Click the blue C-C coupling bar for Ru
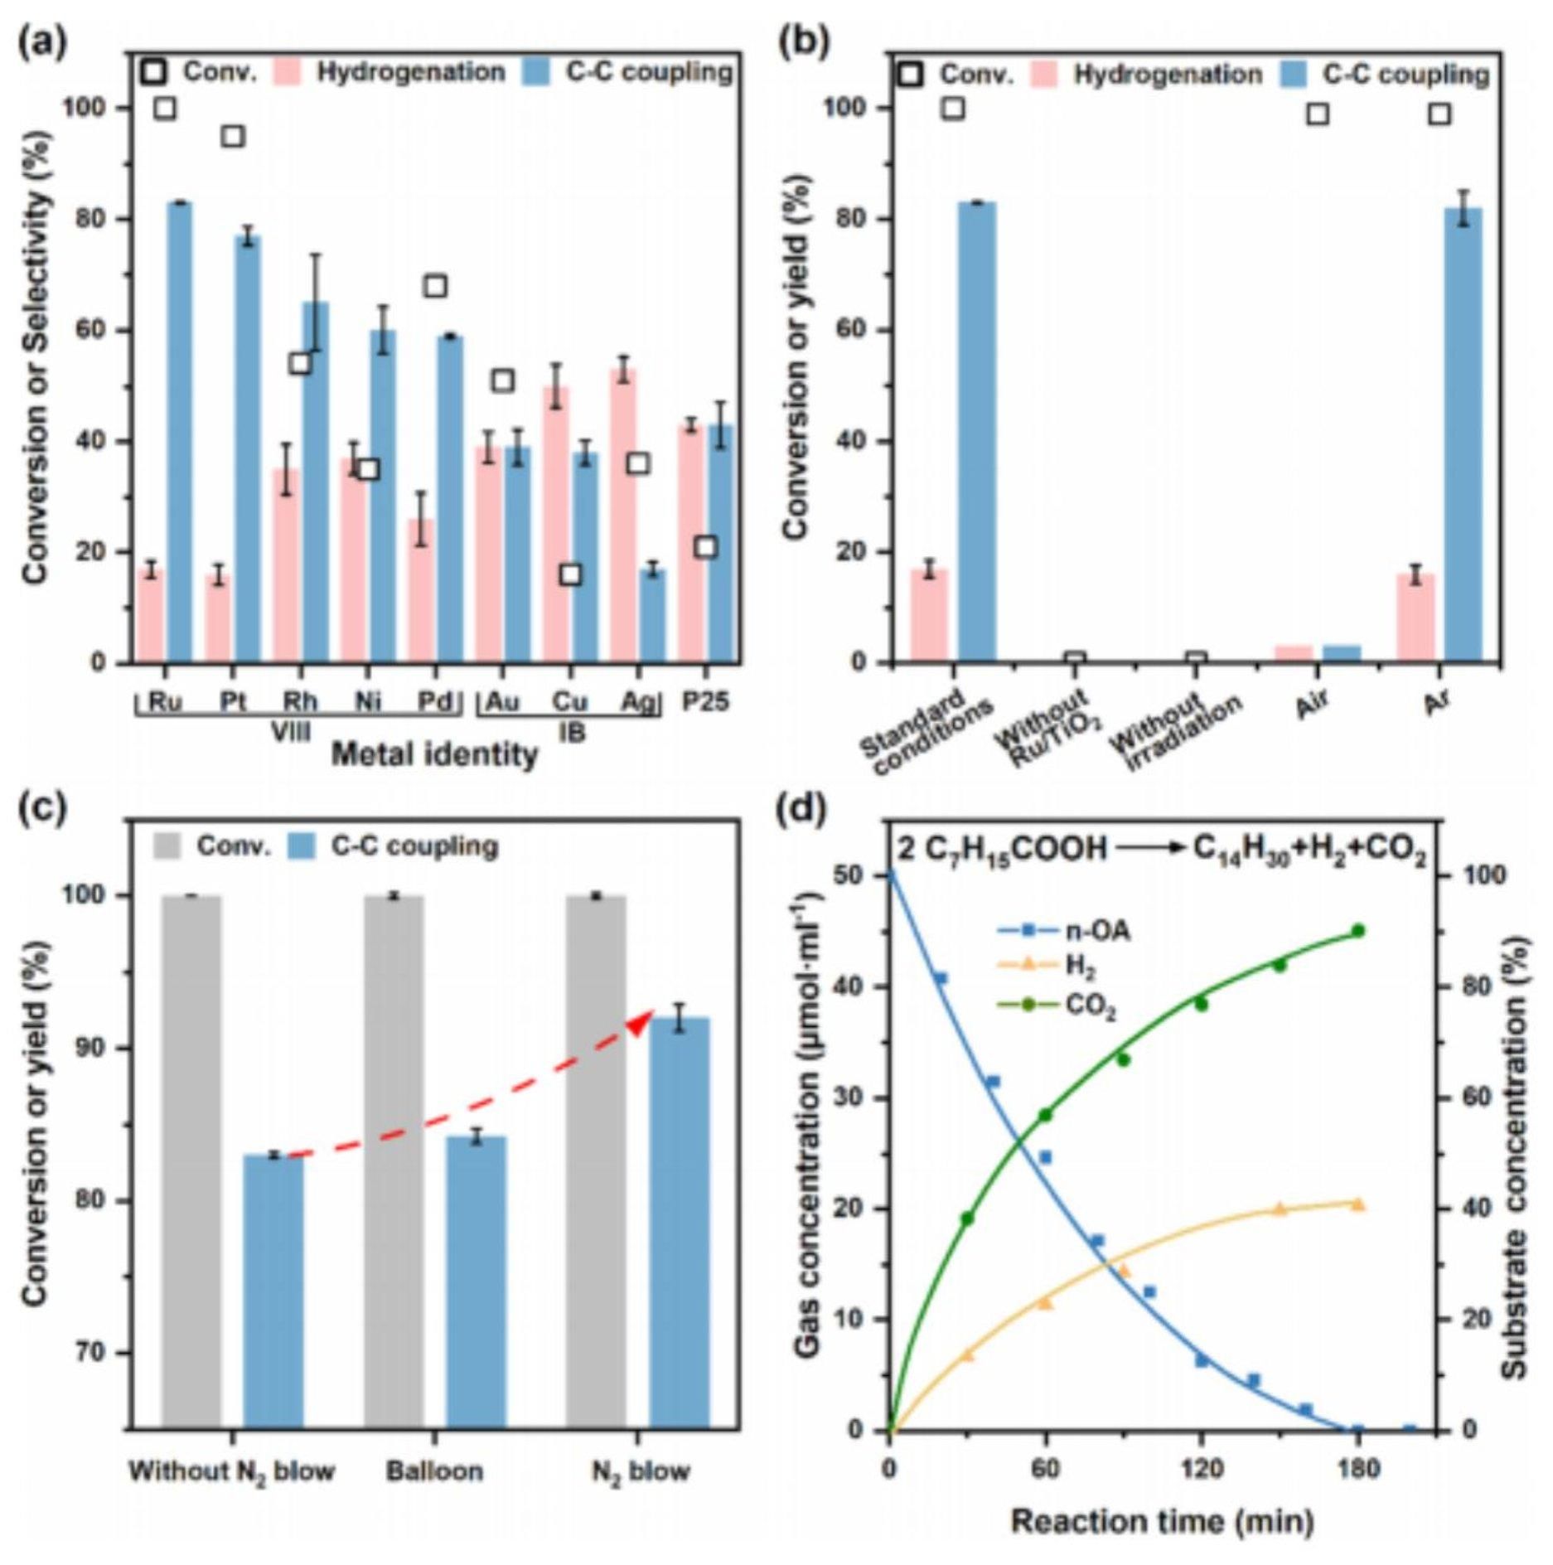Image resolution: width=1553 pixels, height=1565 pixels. coord(179,431)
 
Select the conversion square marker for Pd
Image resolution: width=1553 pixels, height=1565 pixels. coord(436,286)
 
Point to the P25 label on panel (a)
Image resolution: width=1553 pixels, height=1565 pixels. coord(705,702)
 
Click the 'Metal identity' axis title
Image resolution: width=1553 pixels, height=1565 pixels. coord(434,754)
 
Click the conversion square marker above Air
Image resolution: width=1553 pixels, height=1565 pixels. coord(1318,114)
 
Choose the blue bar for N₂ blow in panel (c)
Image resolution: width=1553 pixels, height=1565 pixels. coord(680,1223)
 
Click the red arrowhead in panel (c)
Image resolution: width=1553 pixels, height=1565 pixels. coord(640,1025)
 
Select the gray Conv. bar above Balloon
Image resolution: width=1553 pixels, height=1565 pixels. coord(394,1160)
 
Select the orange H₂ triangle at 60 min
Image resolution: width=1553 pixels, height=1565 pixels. coord(1045,1302)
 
